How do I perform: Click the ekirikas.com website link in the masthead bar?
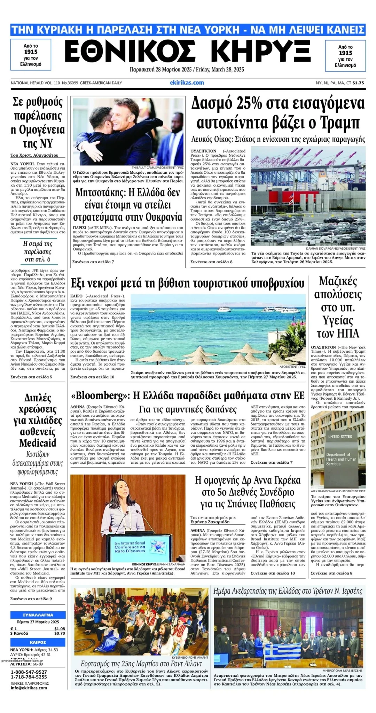coord(187,83)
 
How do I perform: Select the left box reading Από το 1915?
coord(31,55)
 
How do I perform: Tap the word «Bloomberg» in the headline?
coord(98,395)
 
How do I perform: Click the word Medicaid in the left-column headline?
coord(38,443)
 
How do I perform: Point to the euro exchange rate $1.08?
coord(60,628)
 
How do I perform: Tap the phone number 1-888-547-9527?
coord(29,672)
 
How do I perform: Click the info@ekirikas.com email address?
coord(29,688)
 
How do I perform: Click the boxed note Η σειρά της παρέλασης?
coord(38,251)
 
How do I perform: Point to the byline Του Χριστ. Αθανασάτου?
coord(34,155)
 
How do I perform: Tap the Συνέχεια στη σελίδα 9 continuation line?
coord(31,599)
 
